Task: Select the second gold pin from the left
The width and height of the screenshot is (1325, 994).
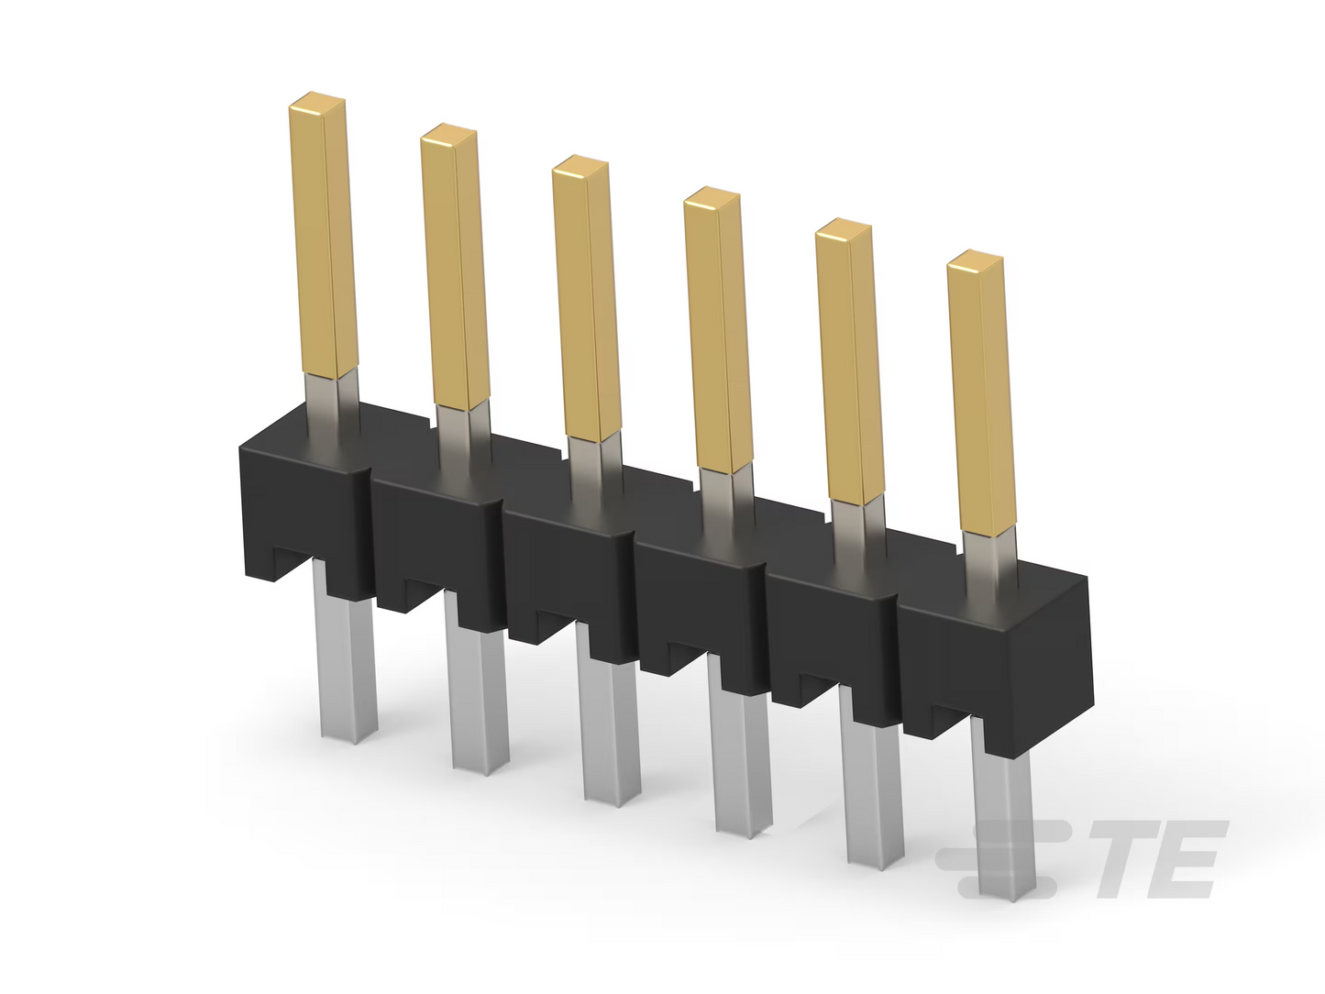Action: (x=455, y=267)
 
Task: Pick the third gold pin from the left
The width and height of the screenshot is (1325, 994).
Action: (x=586, y=298)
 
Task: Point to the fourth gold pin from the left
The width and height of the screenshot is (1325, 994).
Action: (x=718, y=329)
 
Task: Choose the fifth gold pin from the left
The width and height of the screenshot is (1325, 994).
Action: (x=849, y=361)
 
